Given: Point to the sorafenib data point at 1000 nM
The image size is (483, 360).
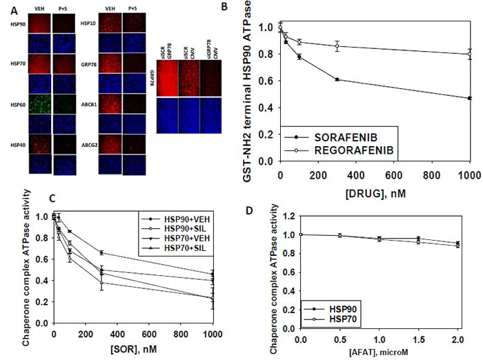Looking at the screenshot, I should coord(469,99).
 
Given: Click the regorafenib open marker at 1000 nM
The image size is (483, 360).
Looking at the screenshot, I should coord(469,54).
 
